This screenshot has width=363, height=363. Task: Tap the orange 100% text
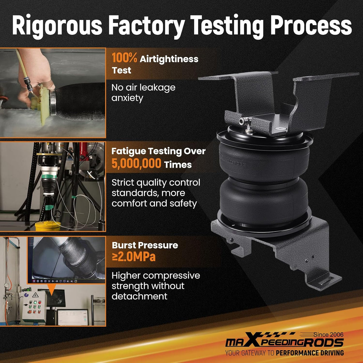point(125,58)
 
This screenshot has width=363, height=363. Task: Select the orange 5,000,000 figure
point(136,163)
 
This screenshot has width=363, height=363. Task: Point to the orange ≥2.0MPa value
point(134,257)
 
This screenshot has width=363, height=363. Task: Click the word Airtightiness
point(169,59)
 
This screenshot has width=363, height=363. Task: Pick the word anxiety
point(127,98)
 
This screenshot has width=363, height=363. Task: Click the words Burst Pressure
point(145,245)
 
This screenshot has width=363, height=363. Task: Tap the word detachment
point(139,296)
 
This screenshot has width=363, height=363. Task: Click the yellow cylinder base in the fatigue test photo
point(48,226)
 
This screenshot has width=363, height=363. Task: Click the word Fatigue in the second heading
point(128,152)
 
